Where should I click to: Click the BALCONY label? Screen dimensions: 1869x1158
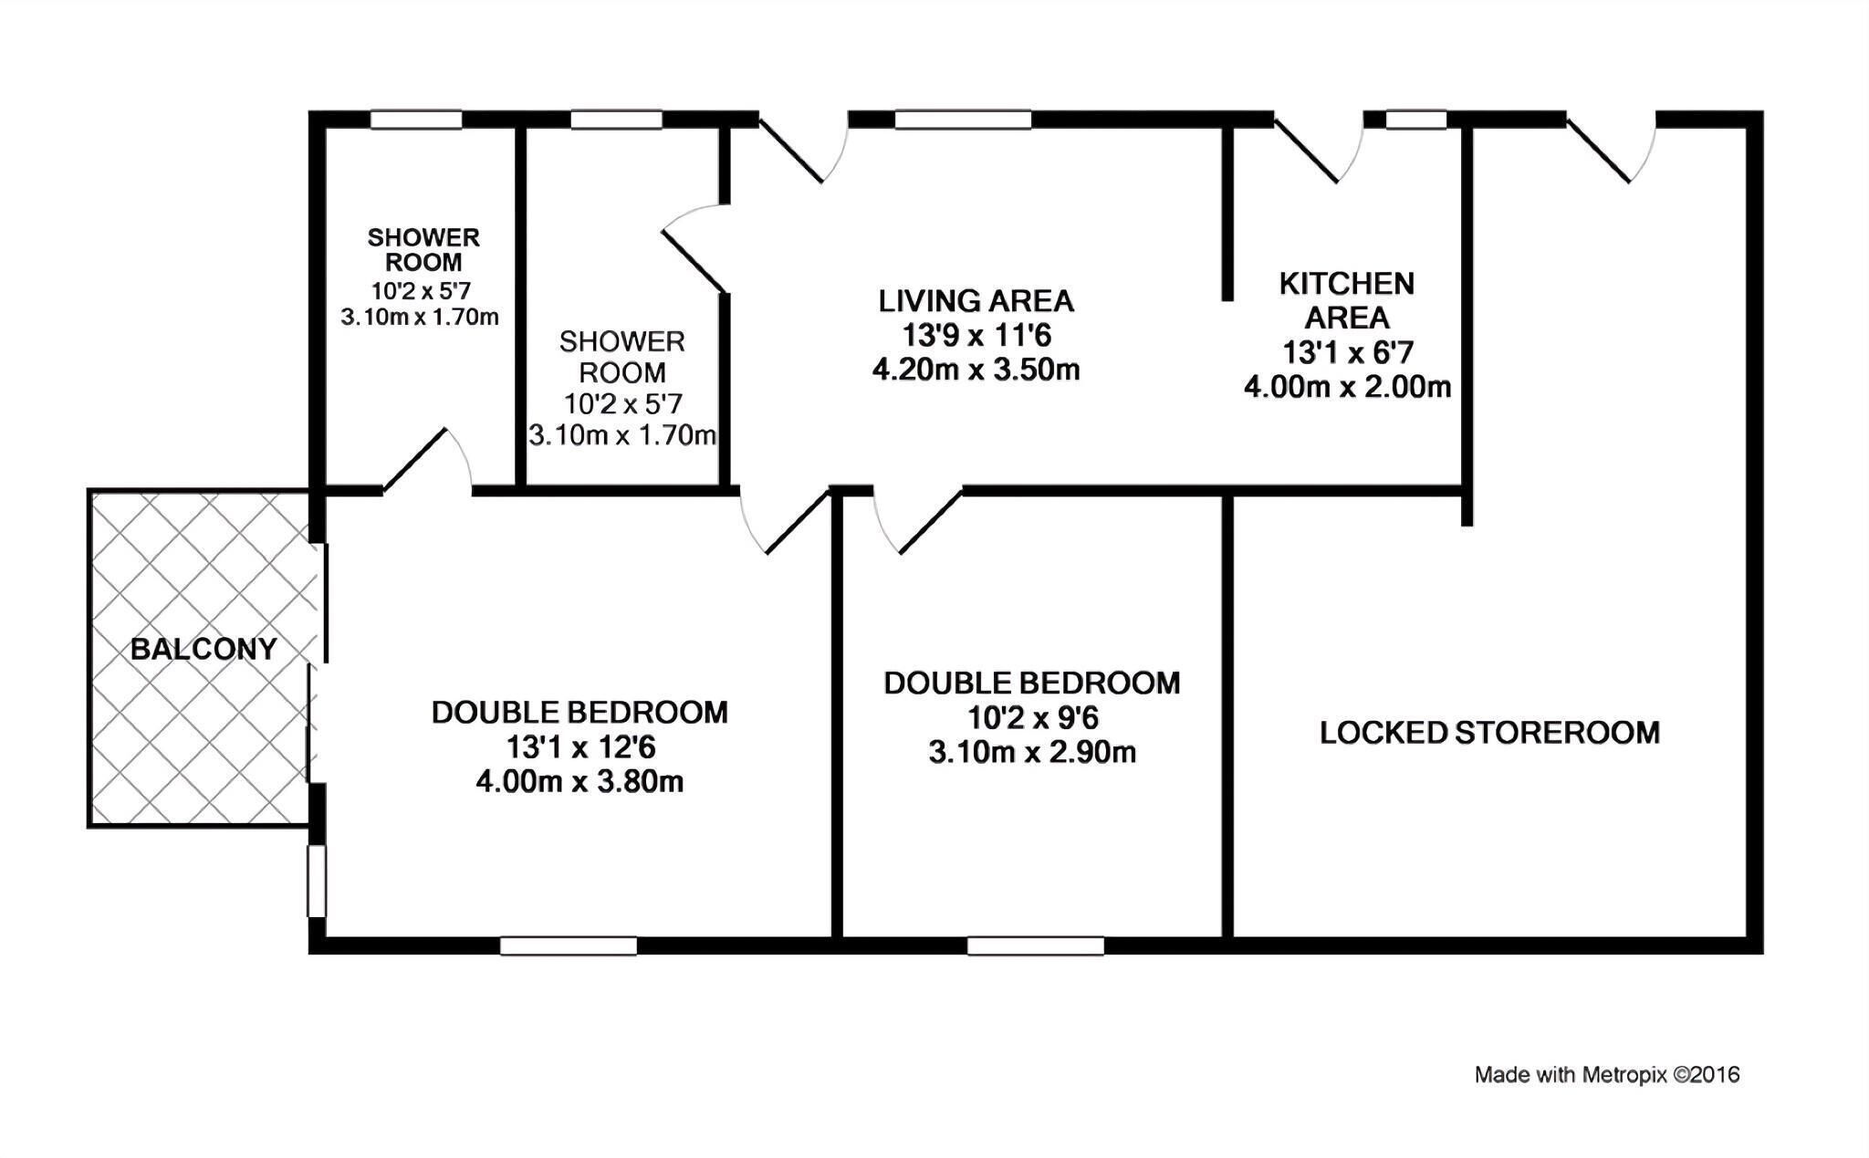click(x=204, y=649)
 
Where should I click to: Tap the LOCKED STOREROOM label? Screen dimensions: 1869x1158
click(x=1489, y=733)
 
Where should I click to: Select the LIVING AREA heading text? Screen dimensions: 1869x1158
click(x=976, y=300)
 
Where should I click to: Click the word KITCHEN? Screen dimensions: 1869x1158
click(x=1346, y=284)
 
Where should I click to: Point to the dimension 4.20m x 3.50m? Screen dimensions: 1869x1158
click(x=976, y=370)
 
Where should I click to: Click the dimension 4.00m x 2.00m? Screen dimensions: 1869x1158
click(x=1347, y=387)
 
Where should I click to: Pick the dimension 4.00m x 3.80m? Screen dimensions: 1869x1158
click(x=579, y=782)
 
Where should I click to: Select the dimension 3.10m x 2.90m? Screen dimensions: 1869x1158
click(x=1032, y=753)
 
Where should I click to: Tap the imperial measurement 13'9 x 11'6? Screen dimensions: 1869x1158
click(x=976, y=336)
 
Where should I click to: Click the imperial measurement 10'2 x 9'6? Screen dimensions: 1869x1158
click(x=1032, y=718)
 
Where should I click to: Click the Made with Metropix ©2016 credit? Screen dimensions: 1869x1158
click(x=1607, y=1075)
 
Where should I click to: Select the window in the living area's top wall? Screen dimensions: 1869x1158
click(x=963, y=120)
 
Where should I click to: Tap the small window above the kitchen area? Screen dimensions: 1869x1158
click(x=1416, y=120)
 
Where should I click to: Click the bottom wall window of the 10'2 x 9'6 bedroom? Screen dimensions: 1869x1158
click(x=1036, y=946)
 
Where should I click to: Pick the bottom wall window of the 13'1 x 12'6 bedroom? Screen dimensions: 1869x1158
click(x=569, y=946)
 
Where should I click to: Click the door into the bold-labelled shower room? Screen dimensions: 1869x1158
click(x=427, y=462)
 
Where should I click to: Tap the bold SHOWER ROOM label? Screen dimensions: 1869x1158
click(x=423, y=250)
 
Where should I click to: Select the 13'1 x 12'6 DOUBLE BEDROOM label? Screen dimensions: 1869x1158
click(x=579, y=712)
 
